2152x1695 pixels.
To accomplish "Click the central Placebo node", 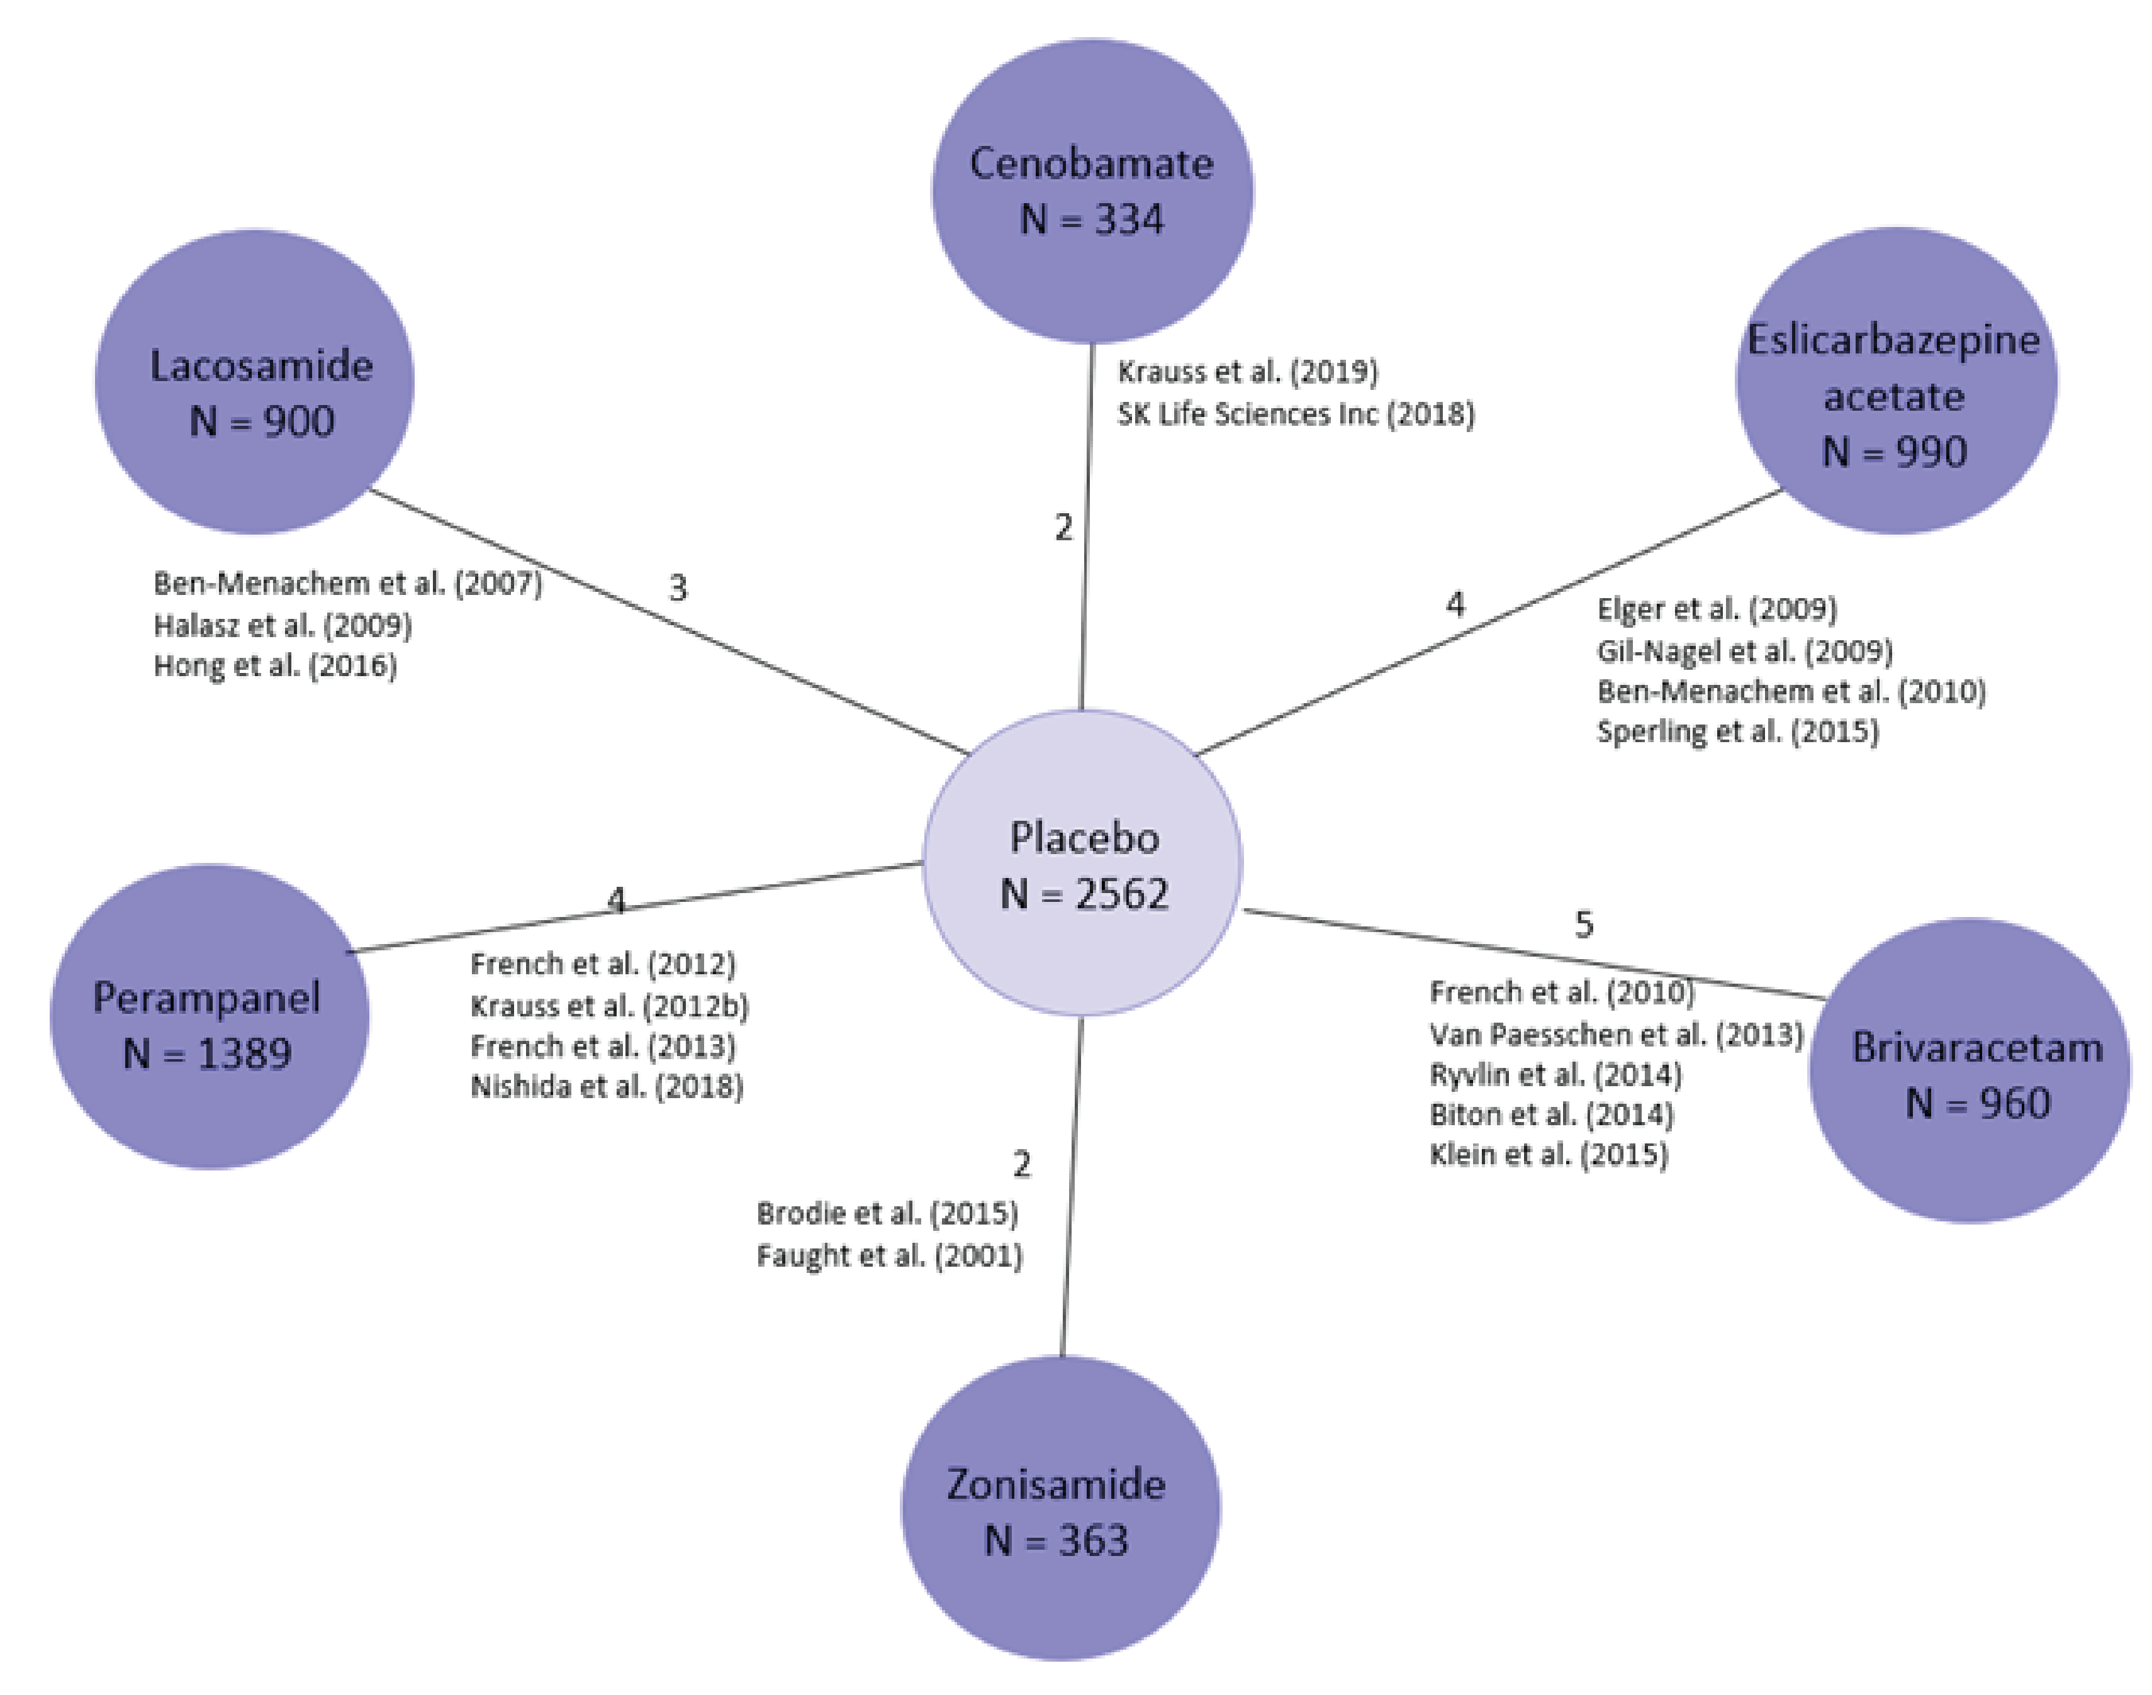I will click(x=1082, y=864).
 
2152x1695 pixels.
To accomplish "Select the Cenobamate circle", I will click(x=1092, y=191).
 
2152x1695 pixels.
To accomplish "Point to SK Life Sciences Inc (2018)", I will click(x=1296, y=414).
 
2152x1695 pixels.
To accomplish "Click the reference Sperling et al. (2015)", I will click(x=1737, y=731).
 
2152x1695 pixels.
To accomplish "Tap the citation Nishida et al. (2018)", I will click(x=607, y=1087).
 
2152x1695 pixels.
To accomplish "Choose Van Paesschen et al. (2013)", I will click(x=1615, y=1035).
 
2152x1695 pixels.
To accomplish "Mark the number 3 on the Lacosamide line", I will click(x=678, y=587).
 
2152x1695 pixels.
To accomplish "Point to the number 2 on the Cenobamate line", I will click(x=1063, y=527).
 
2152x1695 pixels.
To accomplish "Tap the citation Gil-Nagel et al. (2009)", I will click(x=1744, y=651).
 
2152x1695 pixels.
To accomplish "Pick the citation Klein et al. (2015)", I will click(x=1549, y=1154).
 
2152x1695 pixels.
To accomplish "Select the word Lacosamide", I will click(x=261, y=366).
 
